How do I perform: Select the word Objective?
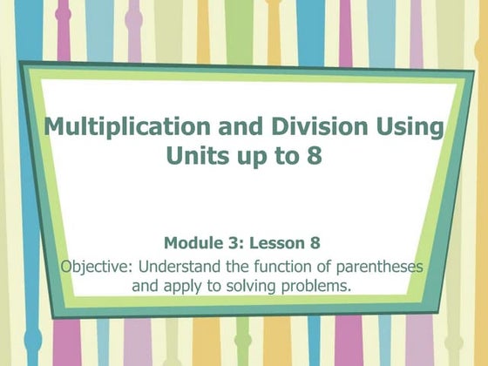tap(96, 266)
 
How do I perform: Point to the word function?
tap(274, 266)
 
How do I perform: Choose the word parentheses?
tap(375, 266)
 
